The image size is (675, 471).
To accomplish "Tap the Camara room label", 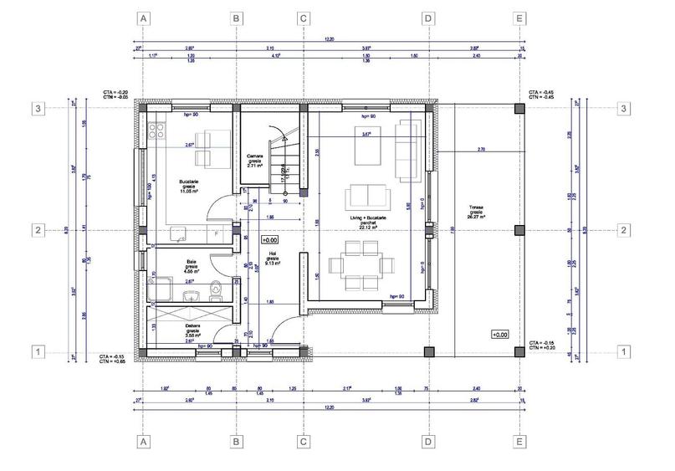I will tap(255, 156).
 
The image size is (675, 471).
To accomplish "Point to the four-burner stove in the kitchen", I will tap(156, 129).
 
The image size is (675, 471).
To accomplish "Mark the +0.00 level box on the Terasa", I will tap(499, 335).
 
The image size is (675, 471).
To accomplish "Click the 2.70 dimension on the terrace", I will tap(481, 148).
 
